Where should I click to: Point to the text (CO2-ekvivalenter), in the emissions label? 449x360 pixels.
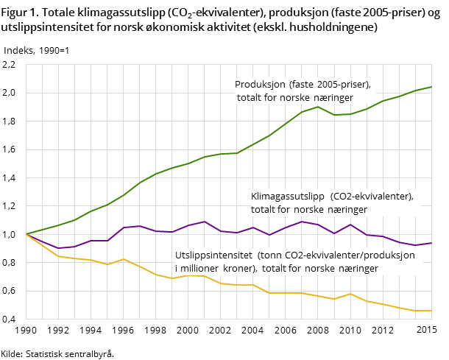coord(372,197)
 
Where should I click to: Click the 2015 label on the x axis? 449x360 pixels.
coord(426,331)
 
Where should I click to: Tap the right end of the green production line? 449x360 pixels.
coord(431,87)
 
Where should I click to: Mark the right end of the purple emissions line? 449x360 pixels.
coord(431,243)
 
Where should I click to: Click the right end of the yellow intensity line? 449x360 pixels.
coord(431,311)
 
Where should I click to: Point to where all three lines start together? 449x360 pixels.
coord(26,234)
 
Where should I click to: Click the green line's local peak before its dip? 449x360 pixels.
coord(318,107)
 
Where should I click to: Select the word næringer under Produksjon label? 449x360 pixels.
coord(333,97)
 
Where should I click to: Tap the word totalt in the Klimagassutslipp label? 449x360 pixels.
coord(265,210)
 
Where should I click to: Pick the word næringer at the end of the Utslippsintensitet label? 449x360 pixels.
coord(358,269)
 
